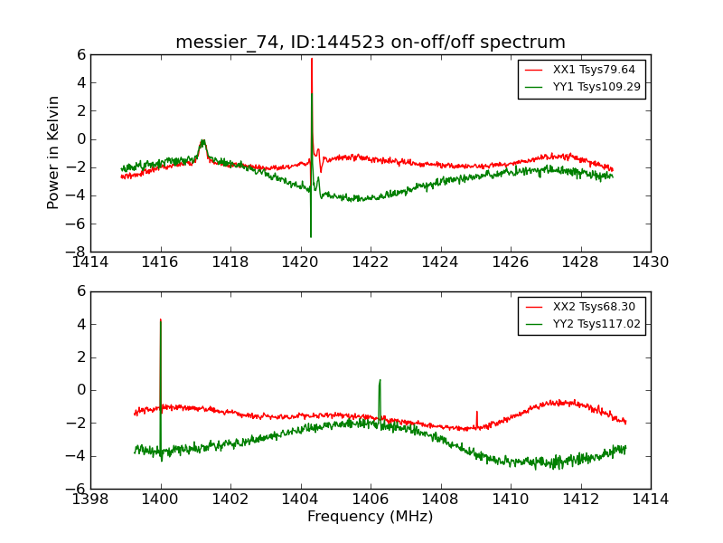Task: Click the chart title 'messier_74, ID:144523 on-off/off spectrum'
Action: pos(371,43)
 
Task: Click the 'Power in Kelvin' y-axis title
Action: pos(54,152)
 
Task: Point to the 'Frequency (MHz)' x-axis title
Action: pos(371,517)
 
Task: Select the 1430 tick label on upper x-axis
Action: pos(651,262)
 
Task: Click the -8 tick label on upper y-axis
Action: pos(77,252)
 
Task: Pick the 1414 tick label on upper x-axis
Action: pos(90,262)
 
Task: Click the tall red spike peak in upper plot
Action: pos(312,59)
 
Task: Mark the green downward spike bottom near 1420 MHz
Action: pos(311,236)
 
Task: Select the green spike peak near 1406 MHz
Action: pos(380,380)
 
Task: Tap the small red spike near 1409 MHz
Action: pos(477,412)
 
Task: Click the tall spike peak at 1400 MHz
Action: pos(161,319)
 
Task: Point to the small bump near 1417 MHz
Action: pos(203,141)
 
